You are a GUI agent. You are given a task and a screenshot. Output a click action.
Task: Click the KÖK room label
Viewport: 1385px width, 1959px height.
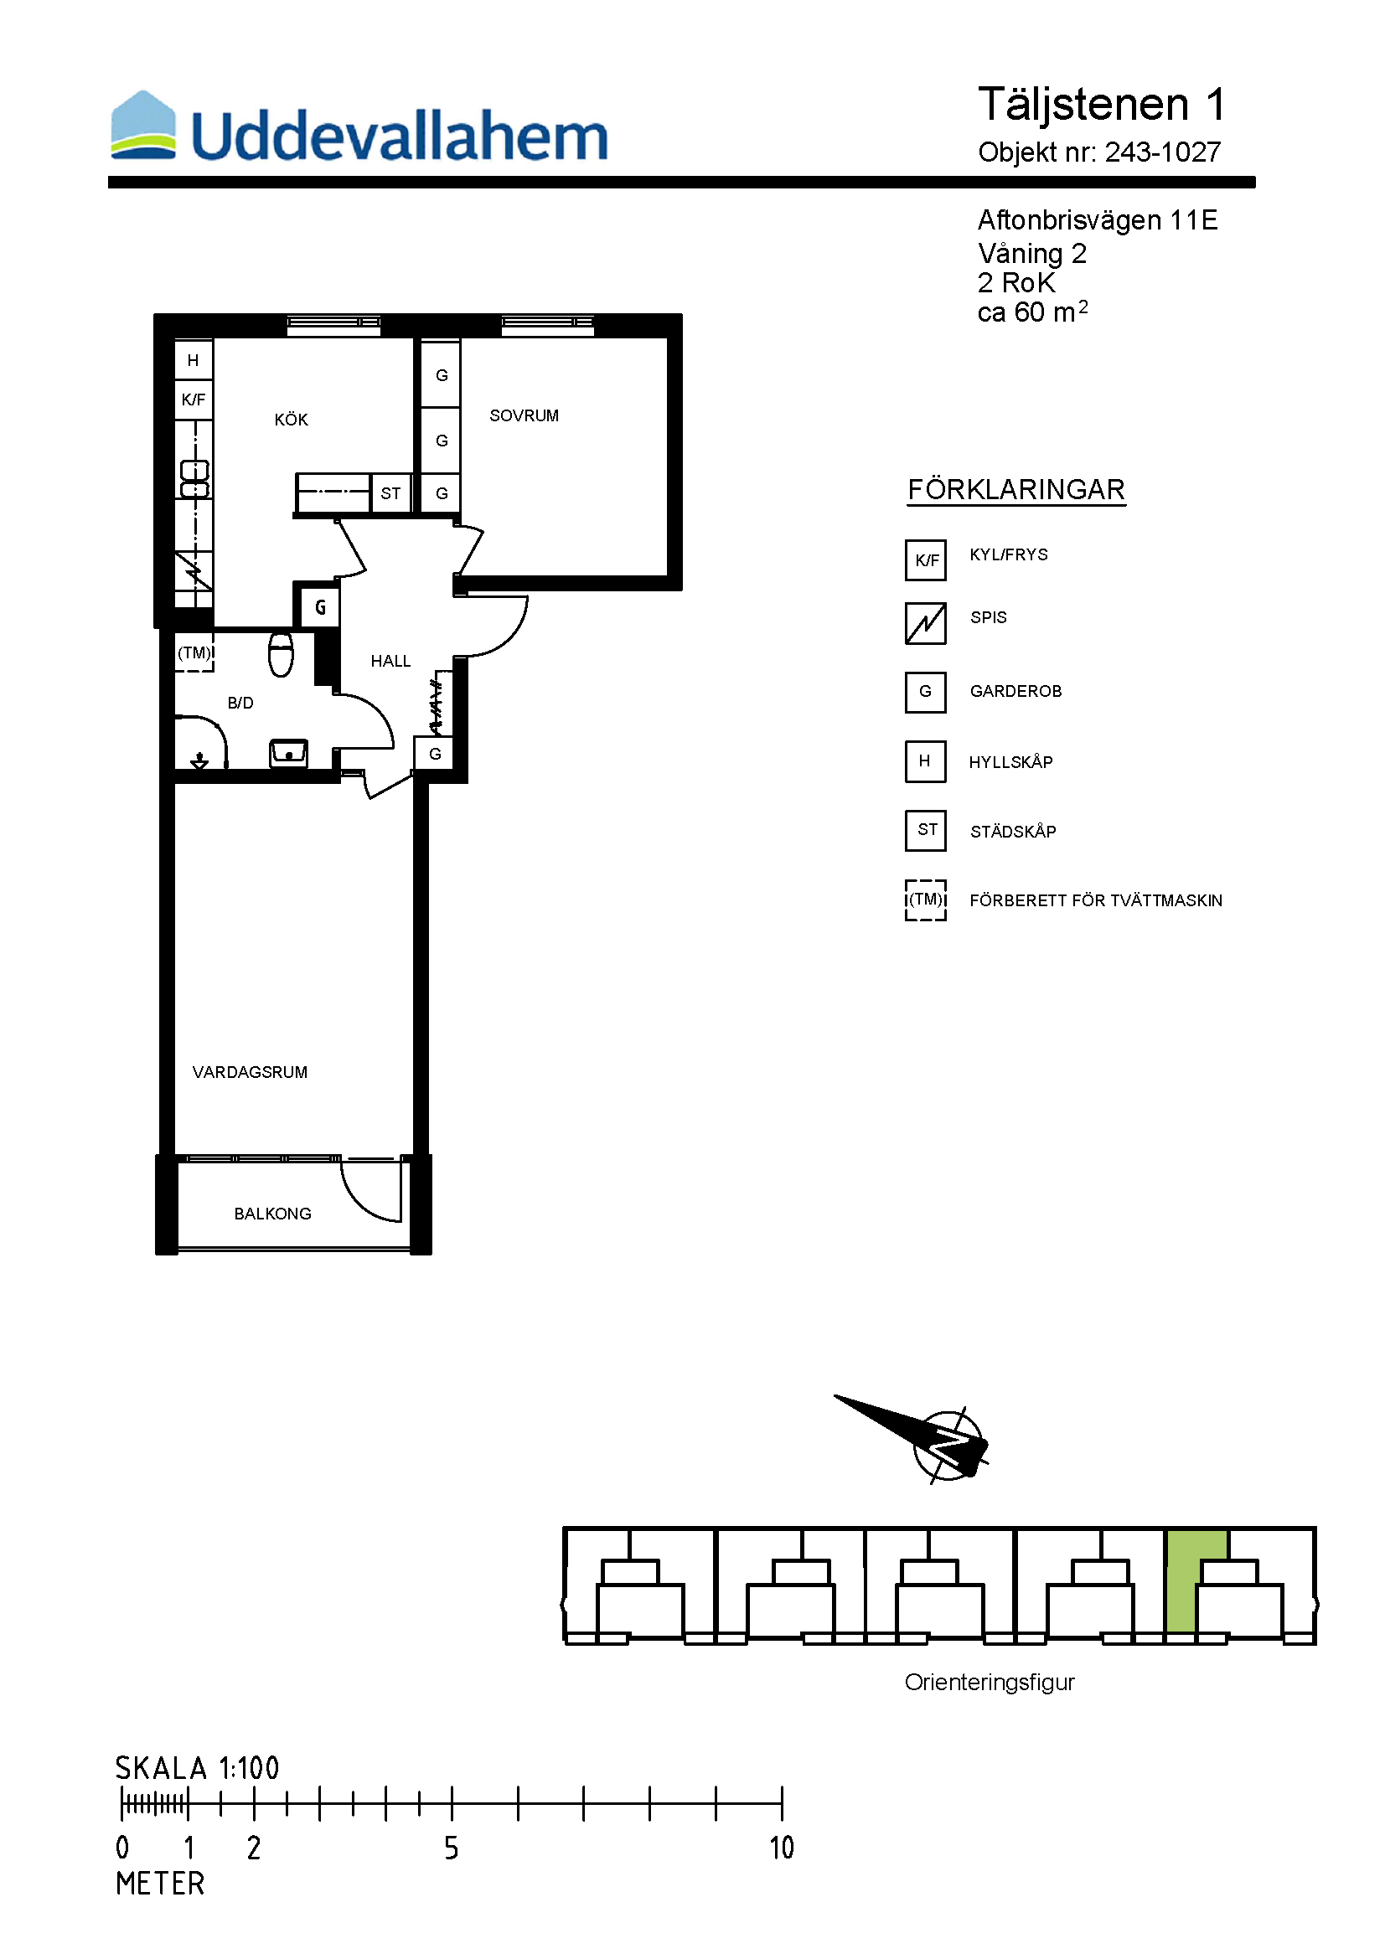click(x=291, y=419)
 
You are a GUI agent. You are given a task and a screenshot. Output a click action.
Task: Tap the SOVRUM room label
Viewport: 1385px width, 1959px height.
click(x=524, y=415)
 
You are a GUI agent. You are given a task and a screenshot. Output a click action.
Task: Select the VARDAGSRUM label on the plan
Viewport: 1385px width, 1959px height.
click(x=250, y=1072)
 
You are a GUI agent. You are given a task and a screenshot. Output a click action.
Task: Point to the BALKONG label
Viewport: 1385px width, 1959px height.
click(x=273, y=1214)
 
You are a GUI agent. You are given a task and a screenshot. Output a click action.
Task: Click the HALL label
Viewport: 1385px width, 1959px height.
click(x=390, y=660)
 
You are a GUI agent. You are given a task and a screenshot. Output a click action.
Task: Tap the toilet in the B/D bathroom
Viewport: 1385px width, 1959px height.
click(x=281, y=654)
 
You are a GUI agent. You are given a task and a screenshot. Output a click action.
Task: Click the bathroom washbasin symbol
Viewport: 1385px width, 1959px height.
click(x=288, y=754)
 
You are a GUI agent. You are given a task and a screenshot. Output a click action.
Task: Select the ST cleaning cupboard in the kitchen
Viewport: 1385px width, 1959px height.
click(x=390, y=493)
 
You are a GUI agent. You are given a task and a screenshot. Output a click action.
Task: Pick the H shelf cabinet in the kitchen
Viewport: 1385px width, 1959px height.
click(x=194, y=360)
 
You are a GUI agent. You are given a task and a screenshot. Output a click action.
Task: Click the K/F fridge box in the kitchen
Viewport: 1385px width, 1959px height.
click(x=194, y=400)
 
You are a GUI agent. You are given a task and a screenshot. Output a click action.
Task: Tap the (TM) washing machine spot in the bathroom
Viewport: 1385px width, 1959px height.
click(x=194, y=652)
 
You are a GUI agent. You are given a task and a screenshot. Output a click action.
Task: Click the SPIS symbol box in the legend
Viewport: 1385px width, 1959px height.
click(x=926, y=623)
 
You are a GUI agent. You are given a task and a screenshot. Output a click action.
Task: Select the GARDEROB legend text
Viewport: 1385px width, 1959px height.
click(x=1015, y=691)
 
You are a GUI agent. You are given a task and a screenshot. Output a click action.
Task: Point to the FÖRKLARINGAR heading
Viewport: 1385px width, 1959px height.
click(x=1016, y=490)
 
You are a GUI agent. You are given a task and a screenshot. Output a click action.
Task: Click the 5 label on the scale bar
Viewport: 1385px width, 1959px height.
click(x=452, y=1848)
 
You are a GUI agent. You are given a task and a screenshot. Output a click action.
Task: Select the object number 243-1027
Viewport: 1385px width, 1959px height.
click(x=1162, y=152)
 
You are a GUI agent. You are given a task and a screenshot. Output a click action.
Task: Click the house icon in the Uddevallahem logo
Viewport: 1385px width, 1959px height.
click(x=143, y=125)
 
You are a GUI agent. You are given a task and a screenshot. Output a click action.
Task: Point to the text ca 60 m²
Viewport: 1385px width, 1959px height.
click(x=1032, y=312)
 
